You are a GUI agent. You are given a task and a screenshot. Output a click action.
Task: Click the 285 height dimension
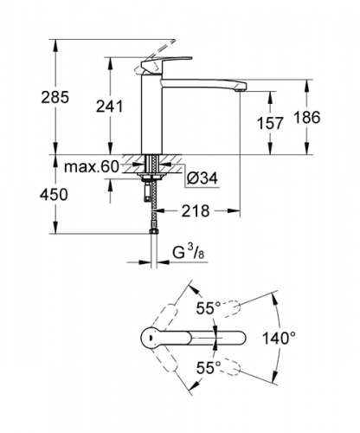click(x=55, y=97)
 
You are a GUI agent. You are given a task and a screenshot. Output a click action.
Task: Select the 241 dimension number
click(x=110, y=106)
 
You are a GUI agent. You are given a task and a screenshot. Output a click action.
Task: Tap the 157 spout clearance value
click(x=270, y=123)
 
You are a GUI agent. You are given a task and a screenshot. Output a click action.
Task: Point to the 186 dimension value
click(x=307, y=118)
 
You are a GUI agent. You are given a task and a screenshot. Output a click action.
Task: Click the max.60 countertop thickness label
click(x=91, y=166)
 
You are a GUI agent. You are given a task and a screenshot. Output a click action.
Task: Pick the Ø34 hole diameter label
click(x=202, y=178)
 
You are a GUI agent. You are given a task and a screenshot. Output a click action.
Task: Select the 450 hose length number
click(x=54, y=194)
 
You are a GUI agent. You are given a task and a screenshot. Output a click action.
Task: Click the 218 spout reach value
click(x=196, y=211)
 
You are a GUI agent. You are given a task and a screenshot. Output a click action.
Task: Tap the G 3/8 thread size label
click(x=189, y=253)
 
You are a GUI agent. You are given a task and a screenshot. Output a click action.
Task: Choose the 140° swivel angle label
click(x=279, y=338)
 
